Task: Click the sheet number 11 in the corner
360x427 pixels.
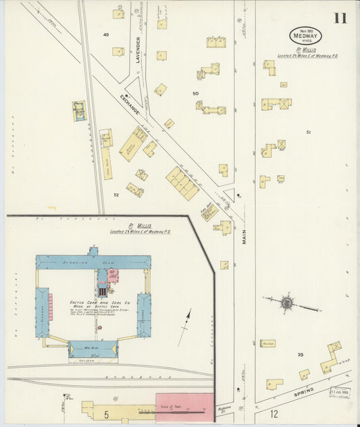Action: [x=339, y=18]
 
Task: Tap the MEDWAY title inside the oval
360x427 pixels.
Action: [x=306, y=37]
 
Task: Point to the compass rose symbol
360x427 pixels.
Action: [x=287, y=303]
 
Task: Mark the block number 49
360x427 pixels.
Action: [x=106, y=34]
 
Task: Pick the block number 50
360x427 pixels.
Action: [x=195, y=93]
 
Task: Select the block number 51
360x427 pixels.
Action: [x=309, y=132]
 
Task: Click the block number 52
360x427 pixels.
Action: [x=116, y=195]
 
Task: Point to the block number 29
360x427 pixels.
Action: [x=300, y=354]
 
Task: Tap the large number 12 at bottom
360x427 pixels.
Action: [x=274, y=412]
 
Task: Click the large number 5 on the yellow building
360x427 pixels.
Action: [x=106, y=411]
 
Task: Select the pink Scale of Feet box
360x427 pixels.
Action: [x=184, y=406]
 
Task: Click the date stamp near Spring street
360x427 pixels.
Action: [x=340, y=391]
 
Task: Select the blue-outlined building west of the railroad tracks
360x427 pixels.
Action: [x=80, y=111]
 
